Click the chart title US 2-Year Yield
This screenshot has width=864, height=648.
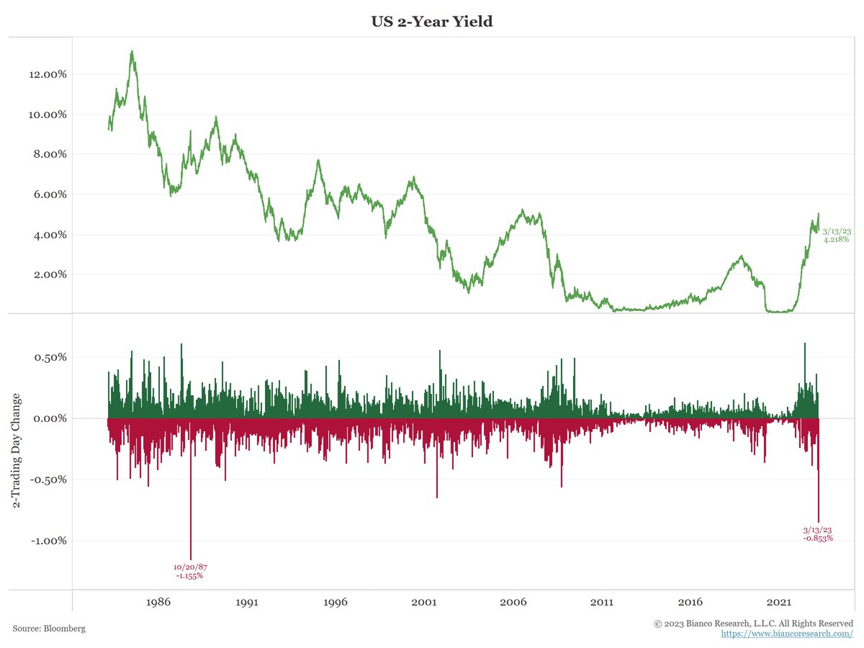[x=431, y=22]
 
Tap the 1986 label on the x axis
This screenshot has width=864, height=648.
[x=158, y=601]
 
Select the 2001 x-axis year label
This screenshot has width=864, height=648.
[x=424, y=601]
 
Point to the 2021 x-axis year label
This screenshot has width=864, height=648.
[x=780, y=601]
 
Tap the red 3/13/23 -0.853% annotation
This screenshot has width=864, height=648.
[x=818, y=534]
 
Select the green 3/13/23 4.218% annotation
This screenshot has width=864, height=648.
[x=837, y=235]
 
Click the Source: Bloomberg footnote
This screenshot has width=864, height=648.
[x=49, y=629]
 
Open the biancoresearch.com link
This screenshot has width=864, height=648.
[x=787, y=634]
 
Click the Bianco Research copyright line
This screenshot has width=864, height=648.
[x=753, y=623]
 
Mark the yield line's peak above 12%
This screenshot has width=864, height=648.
[x=132, y=52]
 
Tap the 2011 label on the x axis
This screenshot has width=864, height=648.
[x=602, y=601]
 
